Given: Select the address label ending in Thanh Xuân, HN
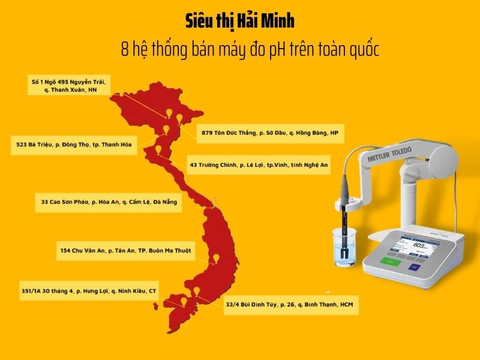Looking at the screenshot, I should (x=71, y=85).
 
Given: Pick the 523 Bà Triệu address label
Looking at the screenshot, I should (x=74, y=145).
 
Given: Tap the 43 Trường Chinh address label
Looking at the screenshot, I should (x=259, y=164).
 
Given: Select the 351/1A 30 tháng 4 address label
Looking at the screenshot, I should (x=88, y=291).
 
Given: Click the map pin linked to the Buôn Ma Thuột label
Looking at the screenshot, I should (x=216, y=259).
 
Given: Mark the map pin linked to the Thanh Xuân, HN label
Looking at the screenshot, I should (x=170, y=114).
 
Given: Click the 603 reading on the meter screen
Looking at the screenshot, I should (x=418, y=245).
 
